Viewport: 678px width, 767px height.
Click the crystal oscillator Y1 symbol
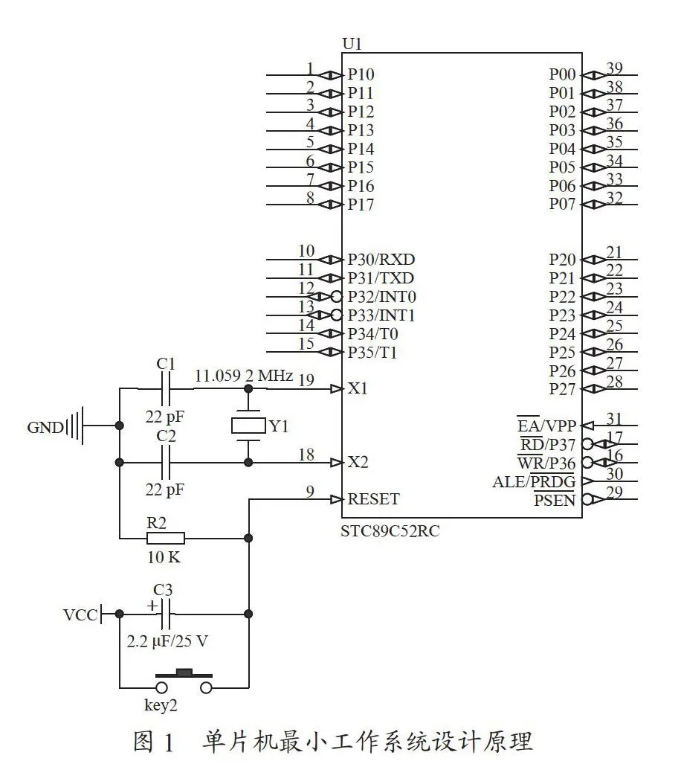pos(248,426)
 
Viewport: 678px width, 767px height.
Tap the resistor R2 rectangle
pos(166,539)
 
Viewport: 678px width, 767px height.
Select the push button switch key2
pos(184,681)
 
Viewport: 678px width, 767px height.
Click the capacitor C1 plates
pos(166,389)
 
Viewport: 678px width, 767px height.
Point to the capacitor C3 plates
pos(166,614)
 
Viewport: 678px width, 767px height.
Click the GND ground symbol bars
pos(74,425)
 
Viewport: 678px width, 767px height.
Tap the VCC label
pos(80,614)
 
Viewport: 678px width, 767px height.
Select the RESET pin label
pos(373,499)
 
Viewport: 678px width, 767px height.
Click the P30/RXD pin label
pos(381,259)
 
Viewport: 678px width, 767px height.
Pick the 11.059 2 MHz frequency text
pos(244,376)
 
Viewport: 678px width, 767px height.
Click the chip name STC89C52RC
pos(390,530)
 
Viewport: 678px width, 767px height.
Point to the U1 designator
pos(352,44)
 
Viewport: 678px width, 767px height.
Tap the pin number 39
pos(615,68)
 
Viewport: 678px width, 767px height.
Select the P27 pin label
pos(562,389)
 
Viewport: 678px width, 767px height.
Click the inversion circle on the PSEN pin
pos(588,499)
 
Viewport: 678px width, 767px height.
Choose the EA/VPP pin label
pos(547,426)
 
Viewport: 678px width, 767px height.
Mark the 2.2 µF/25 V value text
pos(167,641)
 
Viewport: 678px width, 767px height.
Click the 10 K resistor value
pos(164,556)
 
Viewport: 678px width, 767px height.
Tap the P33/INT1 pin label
pos(381,315)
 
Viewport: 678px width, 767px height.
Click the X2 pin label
pos(358,462)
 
